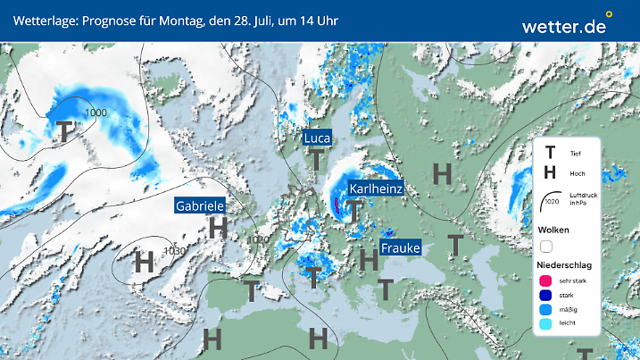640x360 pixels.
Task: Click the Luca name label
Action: click(x=317, y=138)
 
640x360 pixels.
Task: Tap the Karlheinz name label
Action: click(x=376, y=189)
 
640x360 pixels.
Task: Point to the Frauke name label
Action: click(x=400, y=247)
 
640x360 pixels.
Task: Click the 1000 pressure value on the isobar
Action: click(x=95, y=113)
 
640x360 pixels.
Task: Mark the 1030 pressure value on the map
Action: click(x=174, y=251)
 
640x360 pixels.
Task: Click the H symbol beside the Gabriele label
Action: click(x=217, y=228)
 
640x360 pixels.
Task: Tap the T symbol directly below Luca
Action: click(x=316, y=160)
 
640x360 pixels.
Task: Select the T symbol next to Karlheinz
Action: click(x=355, y=212)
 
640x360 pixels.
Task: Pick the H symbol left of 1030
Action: click(x=143, y=263)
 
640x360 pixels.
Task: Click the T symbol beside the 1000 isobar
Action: click(x=65, y=131)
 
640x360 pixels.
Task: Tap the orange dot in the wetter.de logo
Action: click(x=609, y=14)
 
